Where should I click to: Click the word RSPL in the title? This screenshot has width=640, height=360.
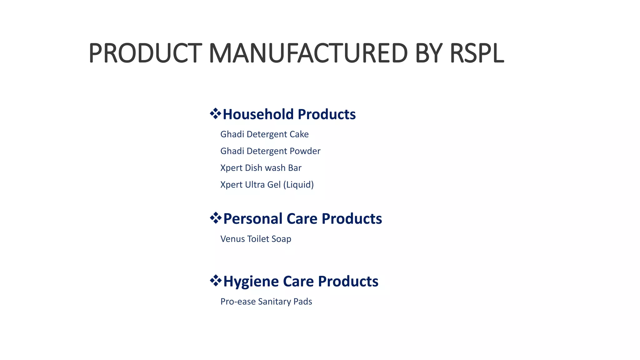click(477, 53)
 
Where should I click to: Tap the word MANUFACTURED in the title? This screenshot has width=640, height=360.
click(308, 53)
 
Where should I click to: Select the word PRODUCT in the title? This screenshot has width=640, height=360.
click(145, 53)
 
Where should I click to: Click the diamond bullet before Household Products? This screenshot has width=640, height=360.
click(215, 113)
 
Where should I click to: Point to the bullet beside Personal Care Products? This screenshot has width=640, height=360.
click(216, 218)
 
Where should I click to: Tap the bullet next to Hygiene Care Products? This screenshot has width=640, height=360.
click(216, 281)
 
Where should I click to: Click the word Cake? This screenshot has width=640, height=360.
click(299, 134)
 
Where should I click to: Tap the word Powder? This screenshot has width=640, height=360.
click(305, 151)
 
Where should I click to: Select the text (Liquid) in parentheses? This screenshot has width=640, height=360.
click(298, 185)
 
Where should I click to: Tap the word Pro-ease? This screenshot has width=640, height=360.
click(238, 302)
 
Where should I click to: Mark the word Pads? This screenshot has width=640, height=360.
click(303, 302)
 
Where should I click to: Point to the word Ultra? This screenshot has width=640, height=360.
click(255, 185)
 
